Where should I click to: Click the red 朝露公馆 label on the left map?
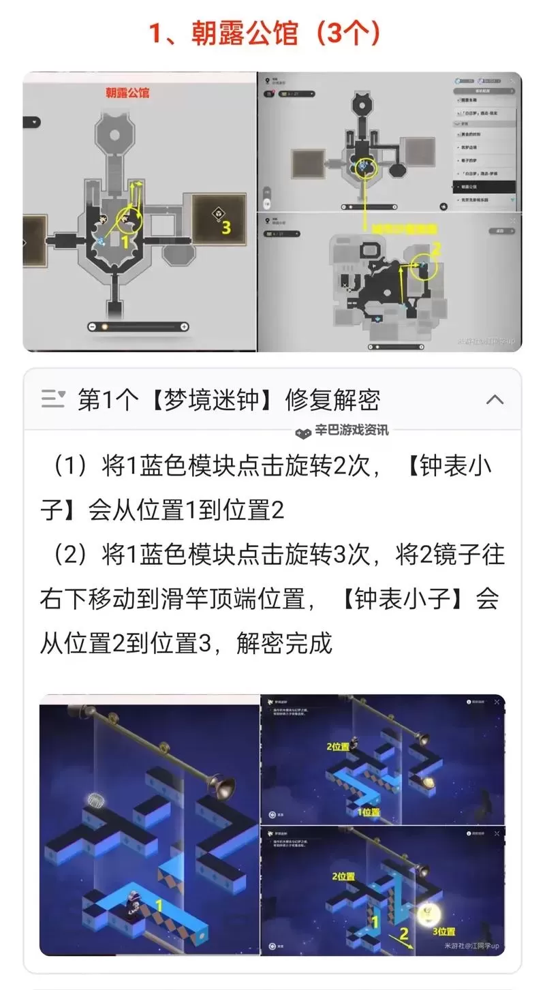tap(127, 93)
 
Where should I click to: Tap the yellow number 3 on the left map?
tap(225, 227)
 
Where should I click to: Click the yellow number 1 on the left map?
tap(125, 240)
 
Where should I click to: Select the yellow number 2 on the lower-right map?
tap(437, 248)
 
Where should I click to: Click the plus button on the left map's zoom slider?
tap(184, 327)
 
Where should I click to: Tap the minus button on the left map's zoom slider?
tap(93, 327)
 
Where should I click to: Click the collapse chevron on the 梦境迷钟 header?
tap(495, 400)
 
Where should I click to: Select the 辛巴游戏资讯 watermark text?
tap(352, 431)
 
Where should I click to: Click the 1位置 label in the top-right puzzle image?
tap(368, 812)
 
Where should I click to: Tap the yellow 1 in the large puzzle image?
tap(158, 906)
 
